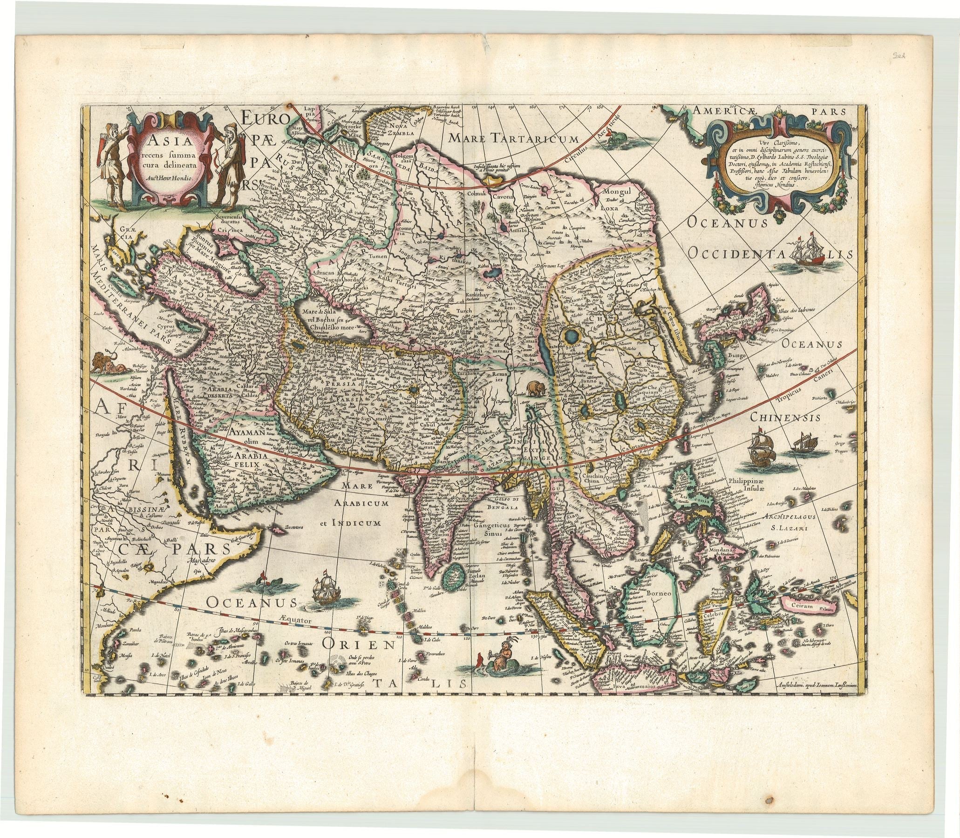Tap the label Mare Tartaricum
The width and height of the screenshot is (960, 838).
pos(513,137)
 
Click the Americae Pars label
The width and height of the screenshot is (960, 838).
pos(769,111)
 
